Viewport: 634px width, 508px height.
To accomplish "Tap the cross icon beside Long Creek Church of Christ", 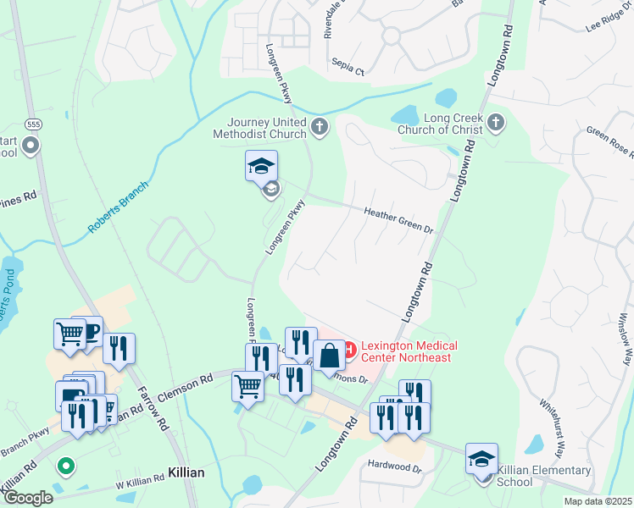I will point(496,124).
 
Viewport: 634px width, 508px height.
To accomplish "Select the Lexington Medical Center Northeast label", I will point(409,351).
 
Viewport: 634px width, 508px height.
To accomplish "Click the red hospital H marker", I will point(348,347).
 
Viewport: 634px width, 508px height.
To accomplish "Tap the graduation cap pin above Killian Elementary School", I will point(481,460).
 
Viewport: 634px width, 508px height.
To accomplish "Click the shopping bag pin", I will point(329,356).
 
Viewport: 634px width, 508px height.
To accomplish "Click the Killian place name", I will point(187,472).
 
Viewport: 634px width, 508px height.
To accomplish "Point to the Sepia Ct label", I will point(348,72).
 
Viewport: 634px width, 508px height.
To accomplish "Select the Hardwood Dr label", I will point(394,465).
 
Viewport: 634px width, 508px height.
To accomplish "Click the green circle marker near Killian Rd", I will point(65,465).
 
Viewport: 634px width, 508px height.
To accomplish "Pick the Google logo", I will point(27,498).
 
